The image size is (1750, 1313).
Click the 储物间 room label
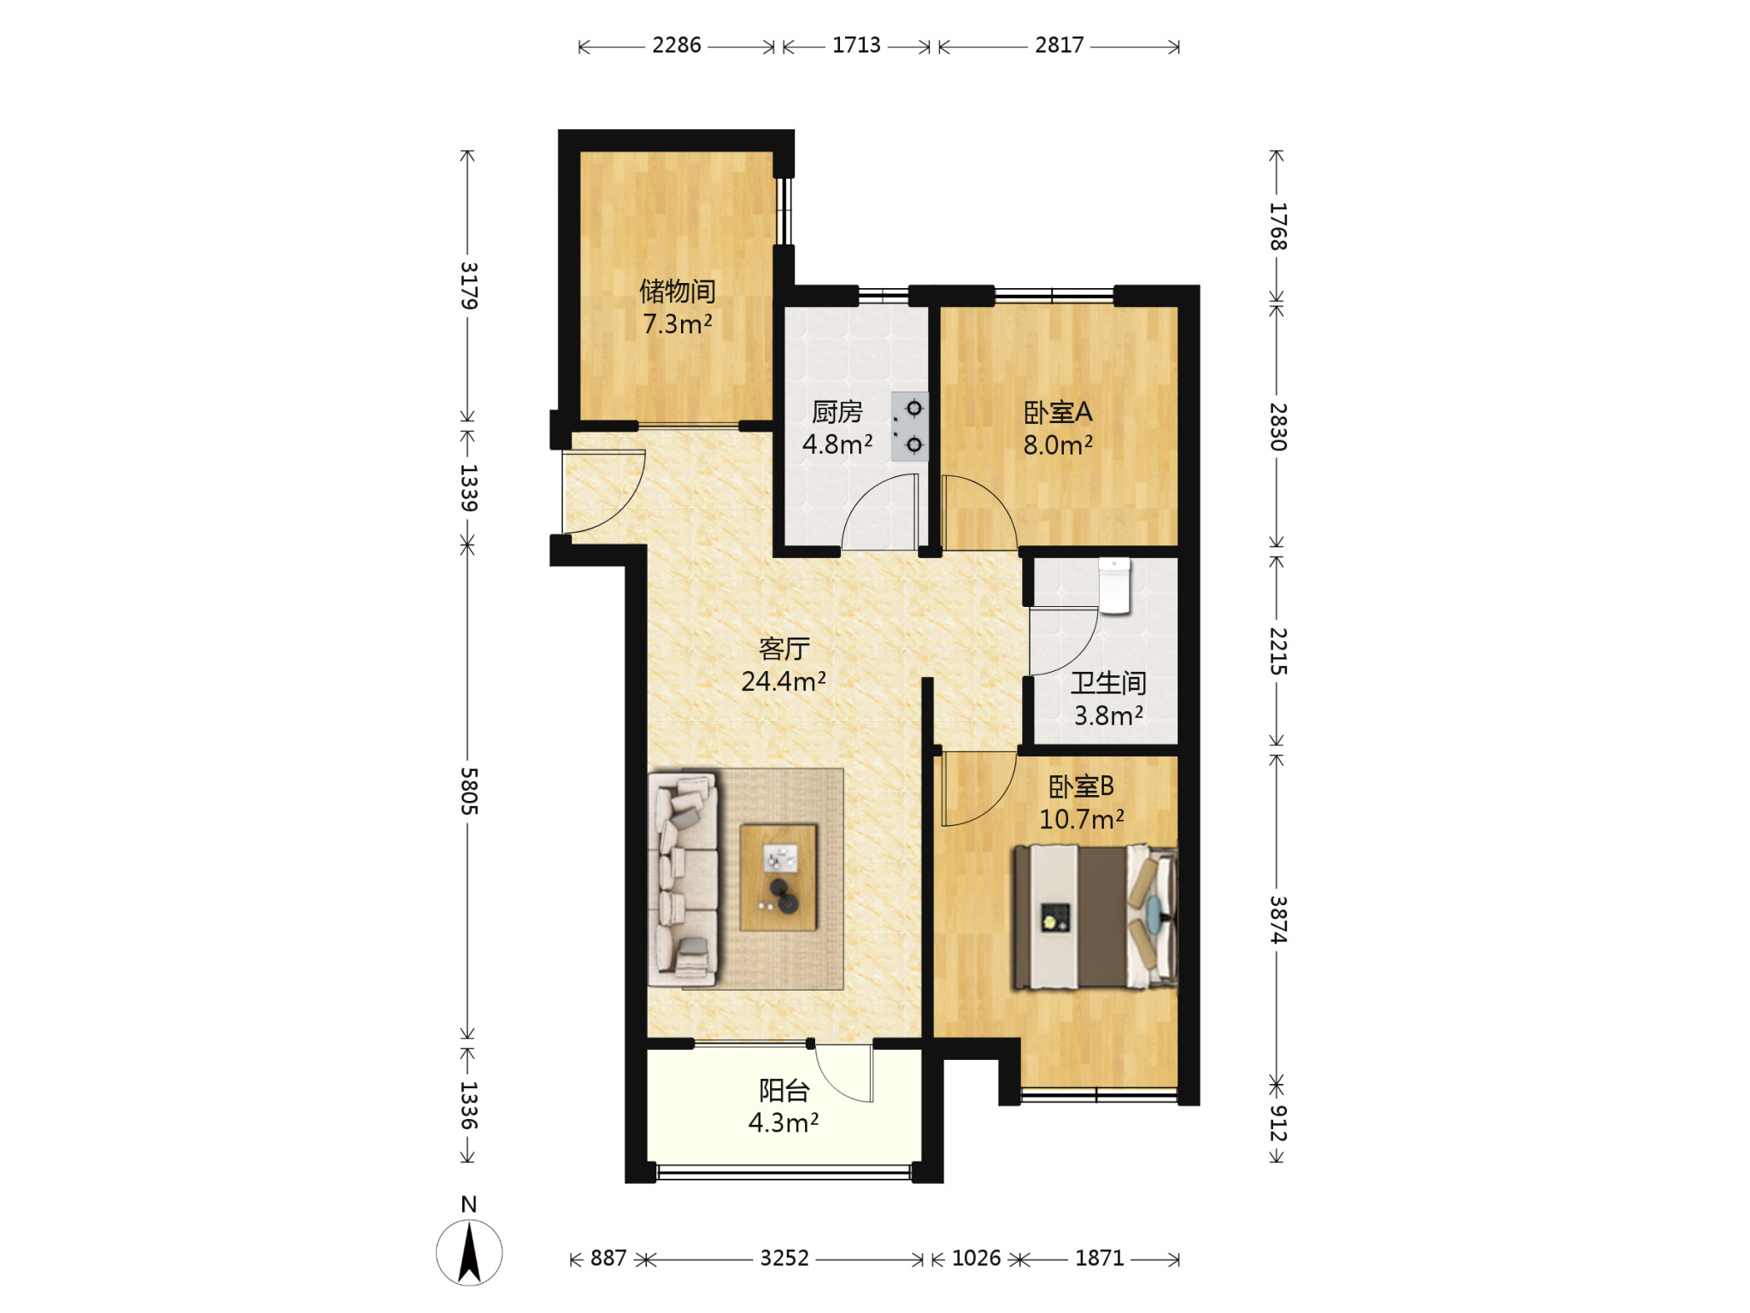678,291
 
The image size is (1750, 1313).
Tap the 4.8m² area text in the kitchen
837,445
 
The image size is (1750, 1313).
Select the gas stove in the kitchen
909,427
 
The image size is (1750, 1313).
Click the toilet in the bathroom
1114,586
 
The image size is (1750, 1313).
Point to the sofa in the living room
683,880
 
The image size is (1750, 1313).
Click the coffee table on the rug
778,877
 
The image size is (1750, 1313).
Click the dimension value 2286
677,45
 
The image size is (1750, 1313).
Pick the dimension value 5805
468,791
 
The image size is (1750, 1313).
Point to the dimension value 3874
1277,920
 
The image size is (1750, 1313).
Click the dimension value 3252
784,1258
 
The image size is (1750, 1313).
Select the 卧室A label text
1058,413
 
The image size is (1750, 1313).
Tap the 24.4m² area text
784,681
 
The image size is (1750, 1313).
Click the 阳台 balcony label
784,1091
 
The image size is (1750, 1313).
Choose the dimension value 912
1277,1123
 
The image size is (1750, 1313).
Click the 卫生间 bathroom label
1108,683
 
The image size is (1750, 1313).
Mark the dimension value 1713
856,45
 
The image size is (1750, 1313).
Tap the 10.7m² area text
1082,819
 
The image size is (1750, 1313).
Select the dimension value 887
608,1258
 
